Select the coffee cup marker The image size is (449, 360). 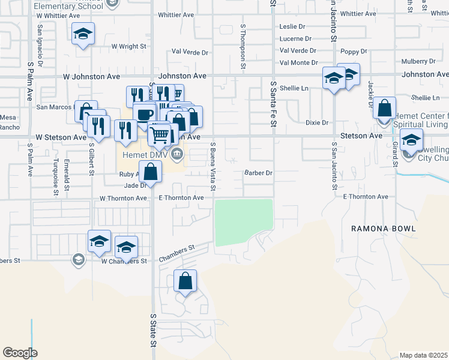click(x=143, y=114)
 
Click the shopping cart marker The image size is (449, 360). click(x=159, y=134)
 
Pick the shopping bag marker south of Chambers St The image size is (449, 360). click(x=185, y=281)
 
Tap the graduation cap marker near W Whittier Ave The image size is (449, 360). click(x=83, y=34)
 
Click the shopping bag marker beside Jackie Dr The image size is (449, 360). click(x=384, y=109)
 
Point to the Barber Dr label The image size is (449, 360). click(x=259, y=173)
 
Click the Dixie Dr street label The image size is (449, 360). click(x=317, y=122)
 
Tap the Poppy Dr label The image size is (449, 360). click(x=353, y=52)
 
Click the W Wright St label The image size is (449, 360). click(x=128, y=46)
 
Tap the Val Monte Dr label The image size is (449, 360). click(x=298, y=62)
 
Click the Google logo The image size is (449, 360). click(x=20, y=353)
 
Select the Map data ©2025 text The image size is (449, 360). click(x=423, y=355)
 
